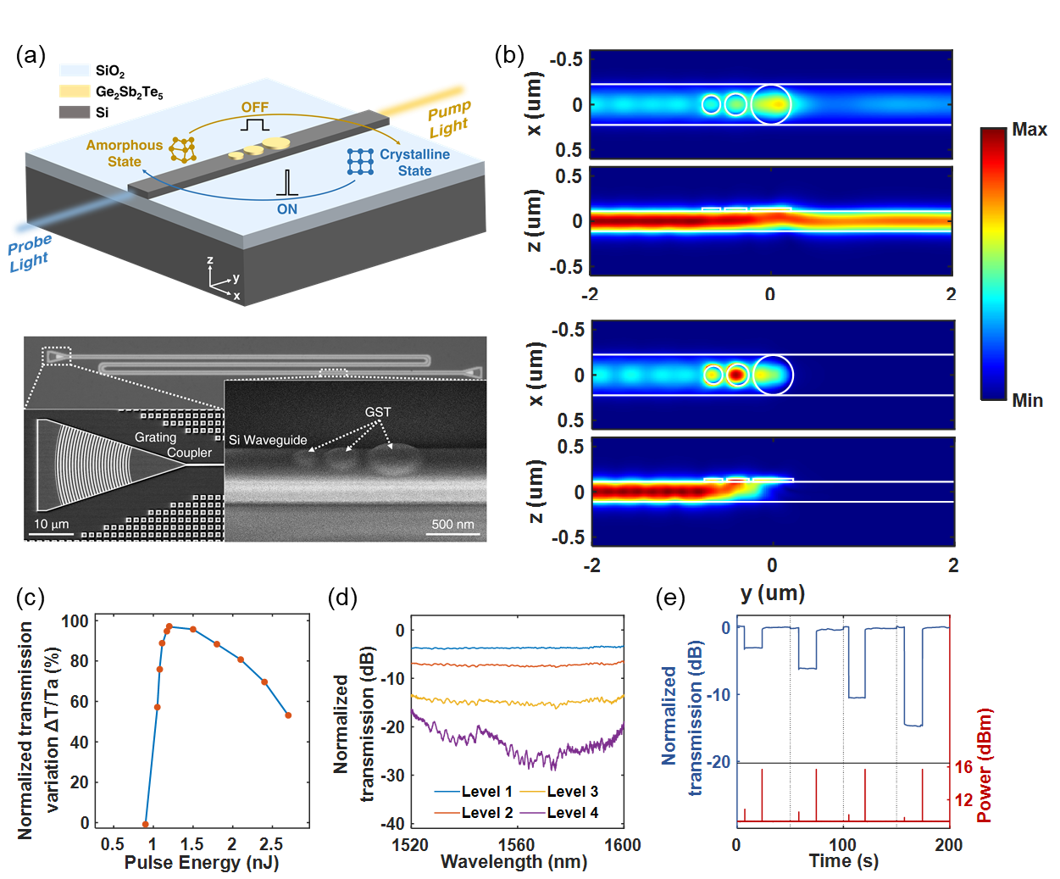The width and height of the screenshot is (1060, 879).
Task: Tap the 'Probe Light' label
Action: [x=30, y=253]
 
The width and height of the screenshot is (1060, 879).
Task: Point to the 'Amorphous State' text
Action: [x=124, y=153]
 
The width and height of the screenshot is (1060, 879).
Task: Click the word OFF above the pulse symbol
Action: [x=254, y=108]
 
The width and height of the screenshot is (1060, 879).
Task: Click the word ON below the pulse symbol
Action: [x=287, y=209]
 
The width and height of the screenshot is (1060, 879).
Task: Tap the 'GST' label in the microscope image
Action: [x=378, y=412]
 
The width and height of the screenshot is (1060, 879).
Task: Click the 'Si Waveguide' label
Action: [x=268, y=440]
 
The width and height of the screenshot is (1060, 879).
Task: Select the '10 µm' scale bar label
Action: [x=51, y=524]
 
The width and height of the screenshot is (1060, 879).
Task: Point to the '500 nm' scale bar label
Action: [x=453, y=524]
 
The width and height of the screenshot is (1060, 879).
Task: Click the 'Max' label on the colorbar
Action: [x=1029, y=130]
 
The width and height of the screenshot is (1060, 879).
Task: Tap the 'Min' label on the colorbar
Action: [x=1028, y=400]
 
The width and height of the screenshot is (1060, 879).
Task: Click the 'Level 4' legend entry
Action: [x=572, y=813]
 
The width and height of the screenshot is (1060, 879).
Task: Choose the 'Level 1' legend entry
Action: [x=486, y=792]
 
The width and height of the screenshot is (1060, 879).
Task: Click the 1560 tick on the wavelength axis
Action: [x=516, y=844]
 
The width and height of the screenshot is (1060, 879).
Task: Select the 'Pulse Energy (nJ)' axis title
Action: [x=202, y=863]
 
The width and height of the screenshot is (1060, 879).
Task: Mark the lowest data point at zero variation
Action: [x=146, y=824]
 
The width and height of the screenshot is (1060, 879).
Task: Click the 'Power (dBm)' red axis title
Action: [x=984, y=765]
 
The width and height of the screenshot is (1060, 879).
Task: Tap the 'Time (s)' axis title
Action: [x=843, y=861]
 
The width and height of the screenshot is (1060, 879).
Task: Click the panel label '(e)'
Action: [x=670, y=598]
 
